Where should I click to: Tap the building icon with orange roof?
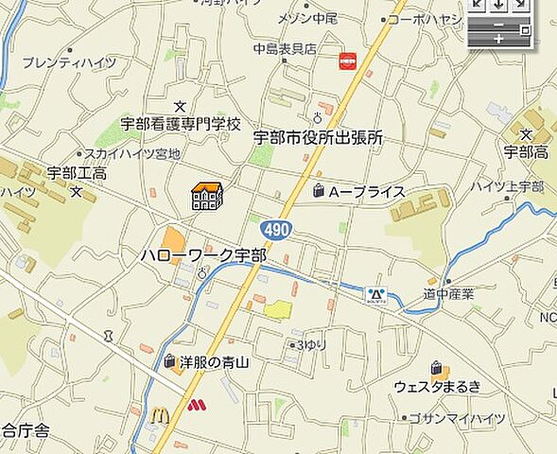(x=206, y=195)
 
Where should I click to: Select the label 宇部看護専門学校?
(x=181, y=123)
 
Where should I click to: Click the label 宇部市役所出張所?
(x=318, y=138)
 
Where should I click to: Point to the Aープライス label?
(x=366, y=192)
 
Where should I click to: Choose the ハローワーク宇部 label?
(x=203, y=255)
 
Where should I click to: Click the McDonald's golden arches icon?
(x=160, y=414)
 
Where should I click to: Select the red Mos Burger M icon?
(x=195, y=407)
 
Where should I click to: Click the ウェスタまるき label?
(x=438, y=386)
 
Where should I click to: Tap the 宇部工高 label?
(x=77, y=173)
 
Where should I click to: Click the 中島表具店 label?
(x=285, y=49)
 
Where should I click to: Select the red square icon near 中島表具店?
(x=348, y=61)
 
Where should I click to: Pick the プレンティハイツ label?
(x=69, y=63)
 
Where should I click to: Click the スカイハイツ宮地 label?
(x=132, y=153)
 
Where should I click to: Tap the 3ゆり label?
(x=312, y=345)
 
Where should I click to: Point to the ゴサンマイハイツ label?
(x=458, y=417)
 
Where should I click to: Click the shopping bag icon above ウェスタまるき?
(x=437, y=368)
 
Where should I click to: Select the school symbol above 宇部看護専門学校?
(x=181, y=106)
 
